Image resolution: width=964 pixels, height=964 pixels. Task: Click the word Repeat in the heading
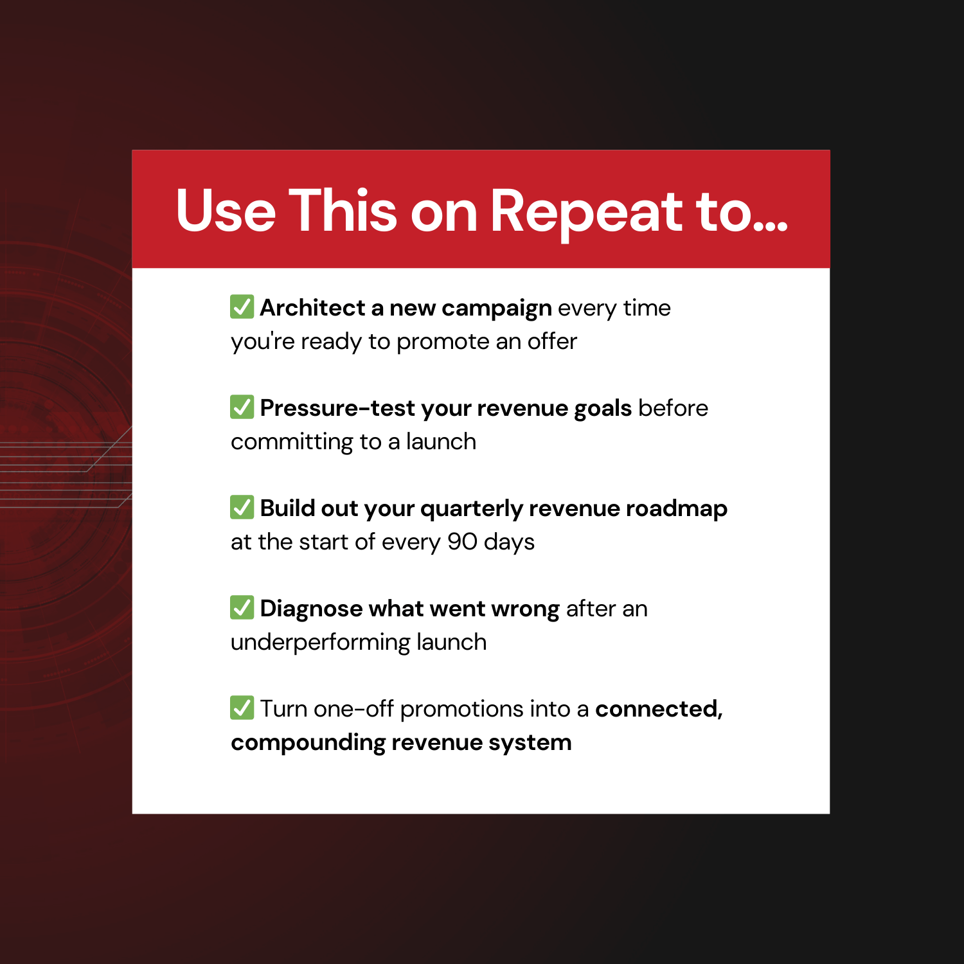[586, 213]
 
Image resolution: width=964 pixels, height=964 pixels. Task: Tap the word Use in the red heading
[226, 210]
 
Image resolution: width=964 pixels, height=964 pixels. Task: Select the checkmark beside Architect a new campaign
[242, 307]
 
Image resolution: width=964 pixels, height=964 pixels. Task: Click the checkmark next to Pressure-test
[242, 407]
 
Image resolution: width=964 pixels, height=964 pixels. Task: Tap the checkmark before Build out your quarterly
[242, 507]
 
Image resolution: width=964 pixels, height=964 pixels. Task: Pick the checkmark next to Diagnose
[242, 607]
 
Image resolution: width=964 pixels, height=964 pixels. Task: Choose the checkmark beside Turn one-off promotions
[242, 708]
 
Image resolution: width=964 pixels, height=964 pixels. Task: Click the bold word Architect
[312, 308]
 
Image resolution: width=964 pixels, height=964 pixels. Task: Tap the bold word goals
[603, 409]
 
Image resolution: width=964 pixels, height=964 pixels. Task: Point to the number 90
[462, 542]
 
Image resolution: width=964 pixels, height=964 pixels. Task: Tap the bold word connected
[659, 710]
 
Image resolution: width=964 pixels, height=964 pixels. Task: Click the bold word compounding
[308, 744]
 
